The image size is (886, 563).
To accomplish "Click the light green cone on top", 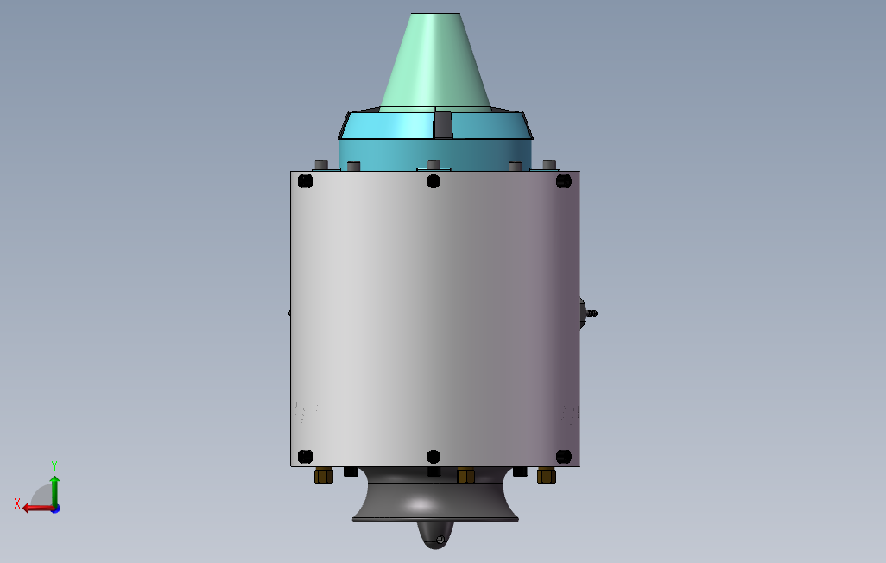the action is (x=434, y=61).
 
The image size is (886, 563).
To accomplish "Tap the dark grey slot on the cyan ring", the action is (x=442, y=124).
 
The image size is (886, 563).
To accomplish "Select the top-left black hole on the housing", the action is (x=305, y=180).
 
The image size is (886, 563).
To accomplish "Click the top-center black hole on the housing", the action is (x=434, y=181).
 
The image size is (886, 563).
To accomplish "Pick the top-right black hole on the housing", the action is (x=563, y=180).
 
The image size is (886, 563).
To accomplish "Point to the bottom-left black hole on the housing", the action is (x=305, y=456).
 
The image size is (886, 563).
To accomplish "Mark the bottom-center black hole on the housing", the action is (x=434, y=457).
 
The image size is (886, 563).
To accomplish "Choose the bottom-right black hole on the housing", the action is (x=563, y=456).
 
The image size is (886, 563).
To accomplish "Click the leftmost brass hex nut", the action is (x=324, y=476).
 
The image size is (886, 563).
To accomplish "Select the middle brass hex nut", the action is (x=465, y=476).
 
